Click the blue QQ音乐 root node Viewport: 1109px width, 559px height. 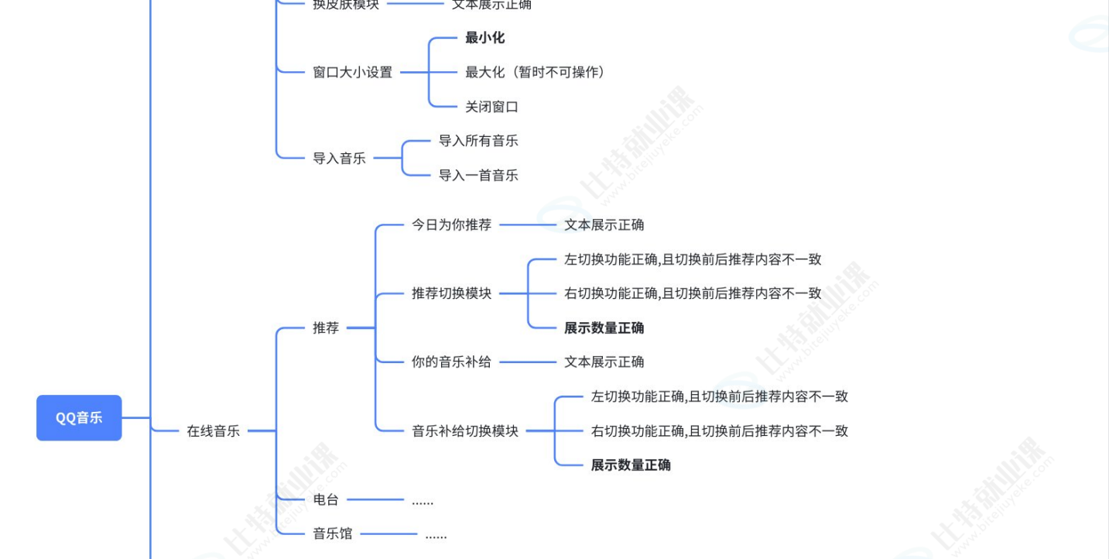(79, 418)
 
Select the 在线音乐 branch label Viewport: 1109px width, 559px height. (213, 431)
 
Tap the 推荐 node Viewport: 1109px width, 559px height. (326, 328)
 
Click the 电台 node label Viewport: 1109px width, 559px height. (326, 500)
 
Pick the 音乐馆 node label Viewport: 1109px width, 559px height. (332, 534)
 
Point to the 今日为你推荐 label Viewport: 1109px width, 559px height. (451, 225)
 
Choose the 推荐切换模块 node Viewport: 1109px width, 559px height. (451, 293)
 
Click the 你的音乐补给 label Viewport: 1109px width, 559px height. (451, 362)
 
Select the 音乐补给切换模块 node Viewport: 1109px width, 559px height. (464, 431)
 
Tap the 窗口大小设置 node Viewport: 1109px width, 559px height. (352, 73)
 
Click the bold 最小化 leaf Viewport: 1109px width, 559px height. (484, 38)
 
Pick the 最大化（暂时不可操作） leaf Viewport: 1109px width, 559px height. (535, 73)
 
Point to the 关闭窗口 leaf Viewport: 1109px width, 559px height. (491, 107)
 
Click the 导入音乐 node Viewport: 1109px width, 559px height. (339, 159)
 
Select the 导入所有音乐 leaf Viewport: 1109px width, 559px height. (478, 141)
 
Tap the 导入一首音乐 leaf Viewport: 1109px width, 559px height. (478, 176)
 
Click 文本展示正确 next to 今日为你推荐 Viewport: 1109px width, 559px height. (604, 225)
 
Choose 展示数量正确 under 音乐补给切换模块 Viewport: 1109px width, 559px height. (631, 465)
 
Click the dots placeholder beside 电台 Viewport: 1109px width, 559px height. (423, 501)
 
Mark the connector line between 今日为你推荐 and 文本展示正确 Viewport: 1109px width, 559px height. (528, 225)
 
